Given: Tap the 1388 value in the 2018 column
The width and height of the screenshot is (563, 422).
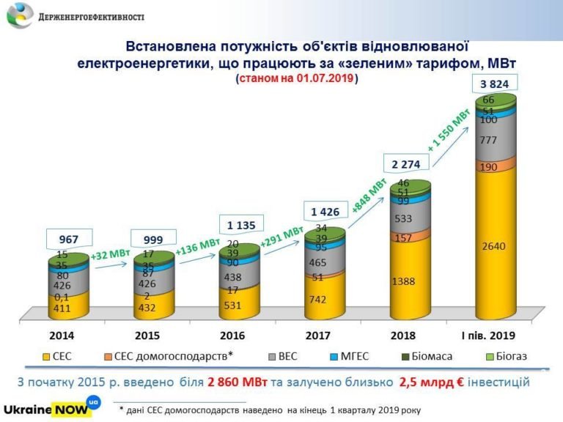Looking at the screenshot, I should click(x=406, y=281).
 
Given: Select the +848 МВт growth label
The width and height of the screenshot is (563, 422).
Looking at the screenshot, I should click(x=369, y=195).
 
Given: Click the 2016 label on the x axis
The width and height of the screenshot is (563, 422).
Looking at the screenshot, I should click(x=238, y=336).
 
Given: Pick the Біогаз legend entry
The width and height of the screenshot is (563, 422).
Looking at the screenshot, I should click(x=509, y=357).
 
